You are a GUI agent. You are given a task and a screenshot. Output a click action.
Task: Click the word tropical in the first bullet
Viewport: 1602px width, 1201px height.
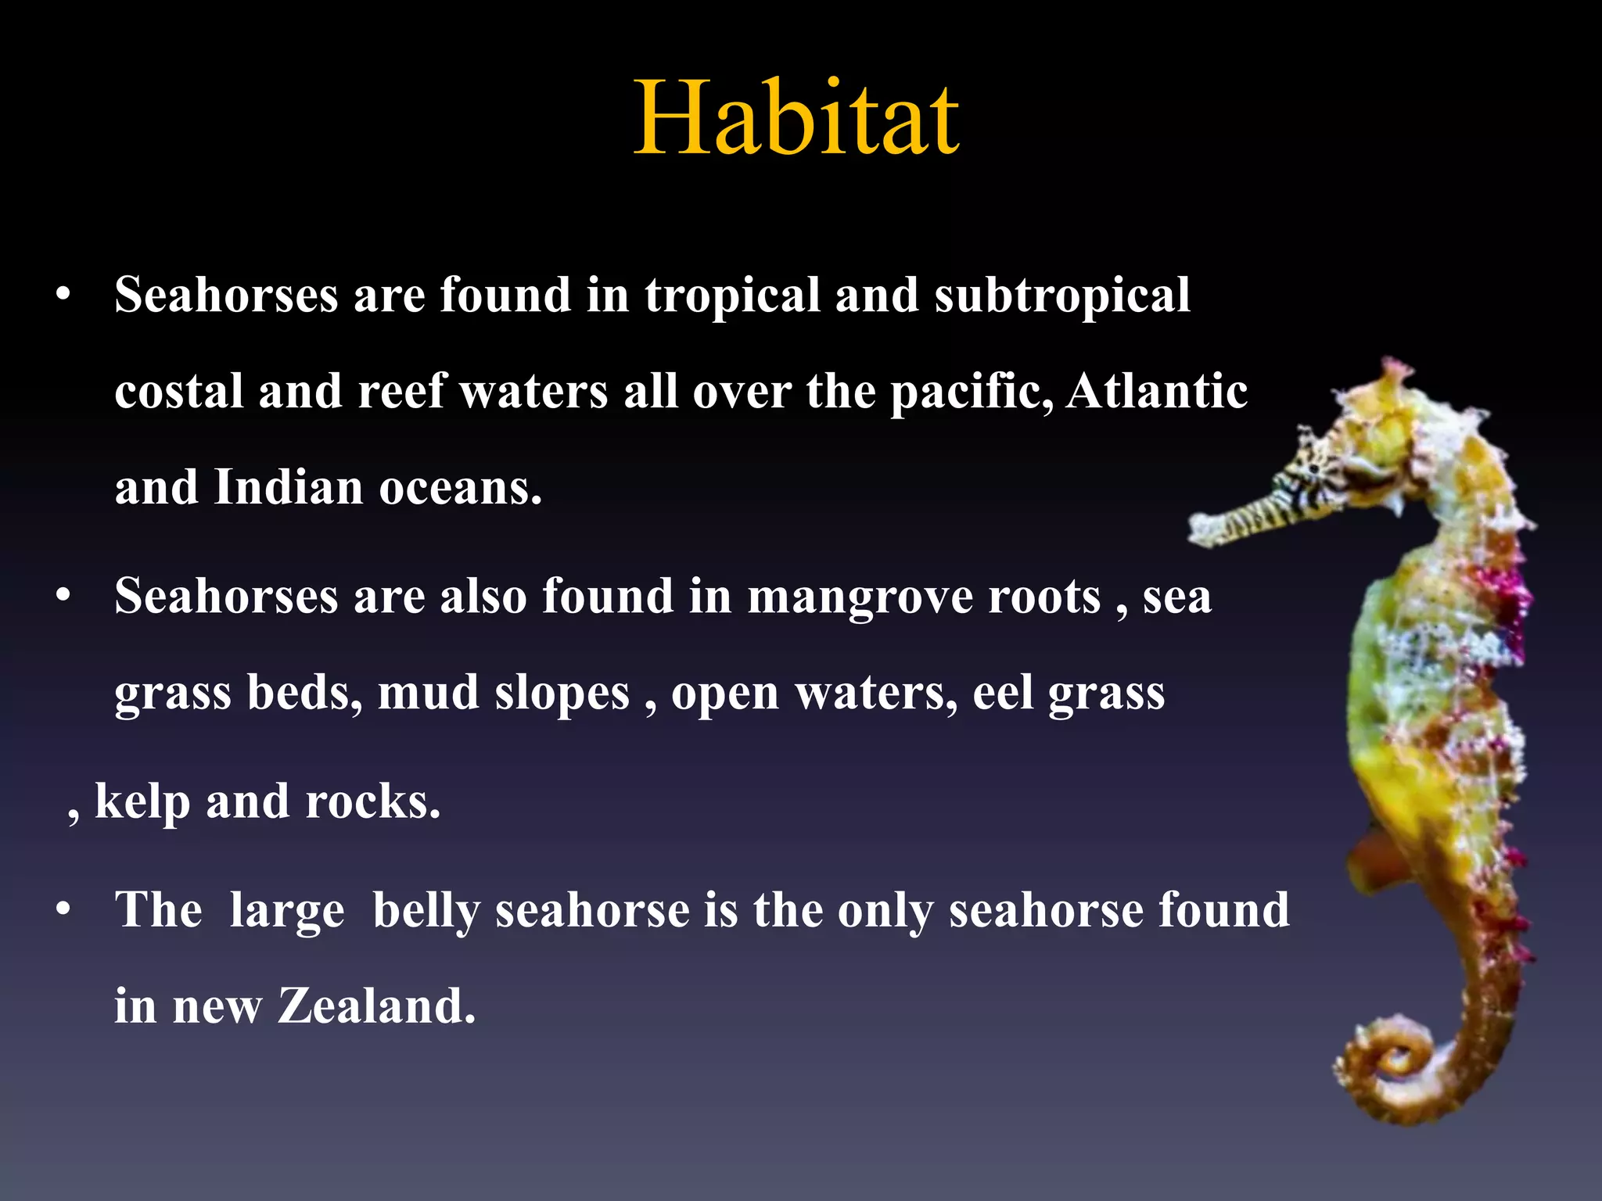tap(731, 296)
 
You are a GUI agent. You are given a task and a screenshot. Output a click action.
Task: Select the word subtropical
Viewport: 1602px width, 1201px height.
tap(1061, 296)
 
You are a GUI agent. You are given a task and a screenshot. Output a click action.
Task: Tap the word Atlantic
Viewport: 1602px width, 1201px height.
tap(1157, 390)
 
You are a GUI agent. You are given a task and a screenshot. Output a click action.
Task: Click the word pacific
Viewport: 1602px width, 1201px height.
tap(971, 390)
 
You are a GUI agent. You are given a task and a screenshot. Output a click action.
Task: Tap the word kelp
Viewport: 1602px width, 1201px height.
tap(142, 801)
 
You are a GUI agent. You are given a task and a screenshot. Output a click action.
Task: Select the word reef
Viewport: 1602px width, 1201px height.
tap(400, 390)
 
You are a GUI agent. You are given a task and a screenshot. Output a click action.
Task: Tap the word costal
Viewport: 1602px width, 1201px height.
tap(179, 390)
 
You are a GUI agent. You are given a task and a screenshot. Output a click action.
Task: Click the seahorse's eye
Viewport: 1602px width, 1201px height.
tap(1316, 468)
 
